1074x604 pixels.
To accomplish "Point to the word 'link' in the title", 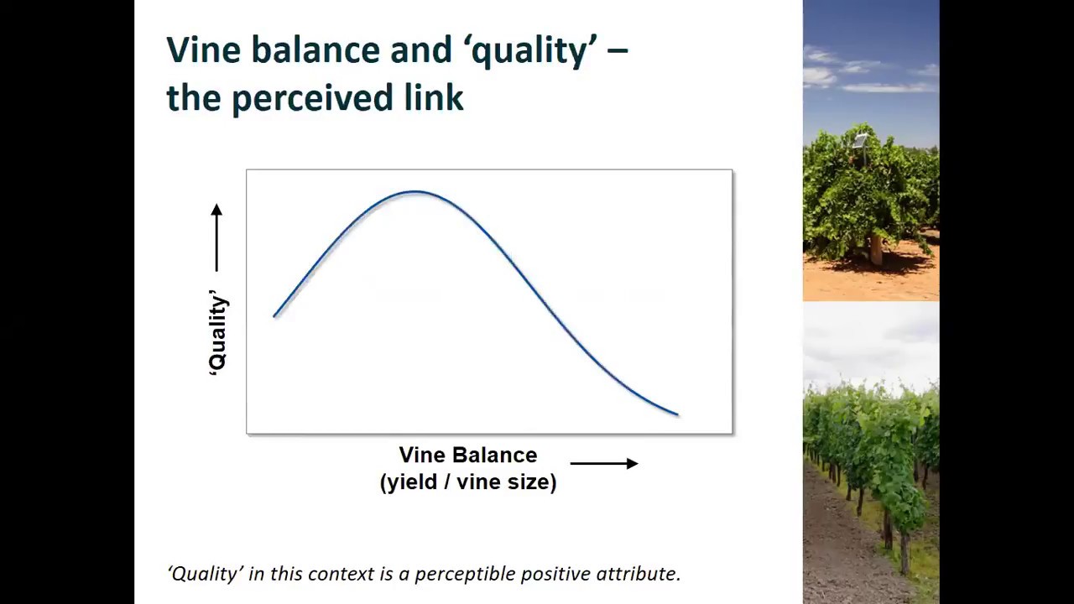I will (434, 98).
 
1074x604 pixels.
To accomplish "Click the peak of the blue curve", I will (414, 192).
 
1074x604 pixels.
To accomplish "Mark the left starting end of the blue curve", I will (275, 315).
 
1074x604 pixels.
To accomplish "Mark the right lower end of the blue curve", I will (676, 414).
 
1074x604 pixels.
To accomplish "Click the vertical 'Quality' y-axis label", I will (217, 332).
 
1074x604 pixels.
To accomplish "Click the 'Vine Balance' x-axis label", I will (467, 456).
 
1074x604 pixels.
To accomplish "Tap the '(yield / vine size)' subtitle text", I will (467, 482).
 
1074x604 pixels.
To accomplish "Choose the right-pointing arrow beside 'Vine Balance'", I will (604, 463).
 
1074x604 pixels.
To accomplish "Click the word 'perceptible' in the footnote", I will (465, 574).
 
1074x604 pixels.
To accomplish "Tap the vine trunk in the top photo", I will (876, 249).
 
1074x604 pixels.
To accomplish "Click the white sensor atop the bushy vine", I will (859, 140).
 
